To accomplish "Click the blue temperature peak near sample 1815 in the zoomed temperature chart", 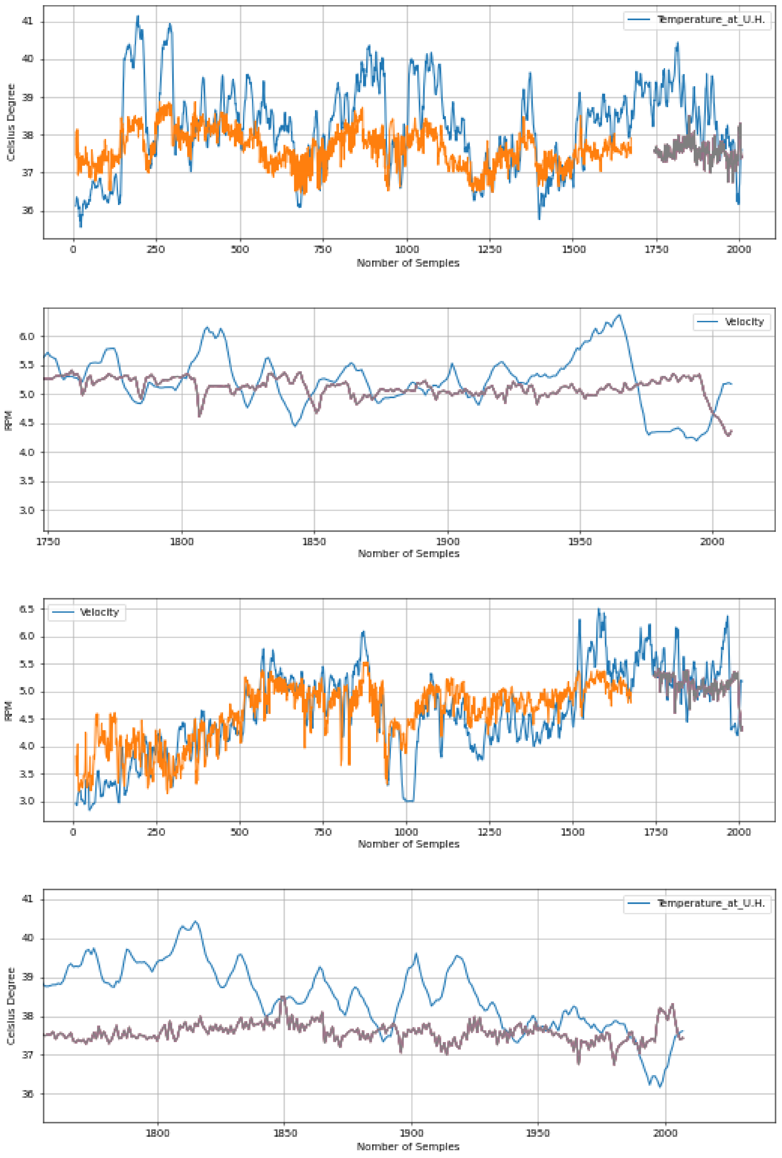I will tap(195, 922).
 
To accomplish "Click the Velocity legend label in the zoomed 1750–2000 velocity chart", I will tap(744, 322).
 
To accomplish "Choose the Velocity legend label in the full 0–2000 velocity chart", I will tap(99, 612).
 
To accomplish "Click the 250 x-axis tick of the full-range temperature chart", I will tap(156, 249).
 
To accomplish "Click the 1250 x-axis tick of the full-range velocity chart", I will tap(490, 832).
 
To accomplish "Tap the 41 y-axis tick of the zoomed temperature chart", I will tap(27, 899).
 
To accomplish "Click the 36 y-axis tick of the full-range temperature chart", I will tap(27, 211).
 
